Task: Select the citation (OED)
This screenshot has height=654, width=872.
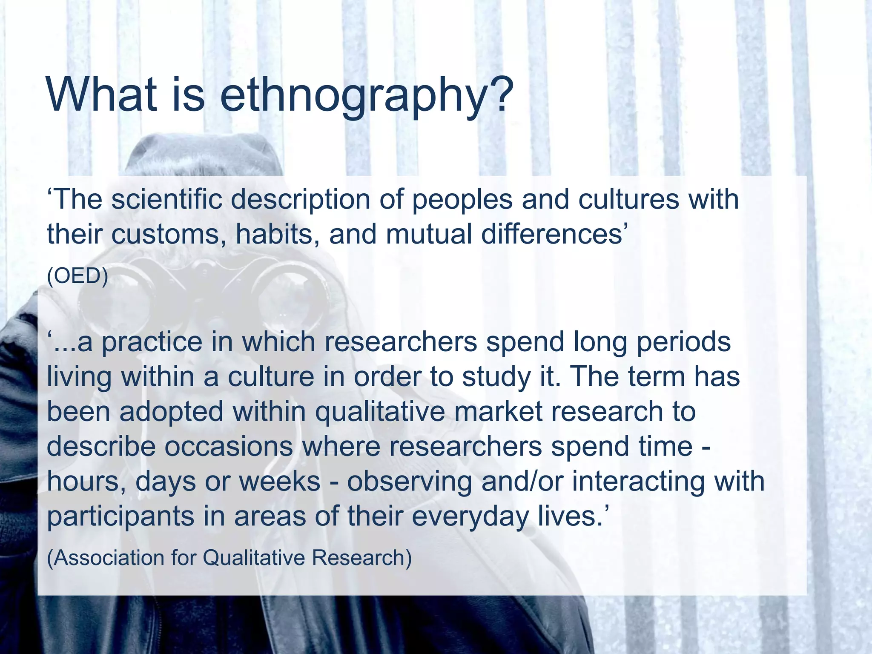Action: coord(77,276)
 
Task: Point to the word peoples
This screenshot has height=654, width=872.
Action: coord(462,200)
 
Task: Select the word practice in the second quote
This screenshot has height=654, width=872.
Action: coord(152,343)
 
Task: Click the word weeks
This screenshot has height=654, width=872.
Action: coord(279,482)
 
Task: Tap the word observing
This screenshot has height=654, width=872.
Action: coord(409,482)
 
